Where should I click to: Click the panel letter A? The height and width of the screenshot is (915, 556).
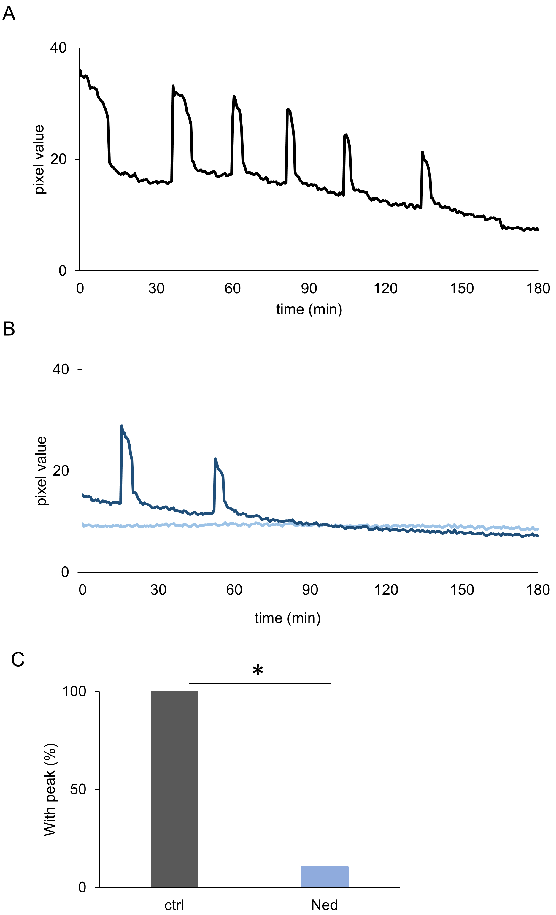coord(9,14)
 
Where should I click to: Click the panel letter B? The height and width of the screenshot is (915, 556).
coord(9,329)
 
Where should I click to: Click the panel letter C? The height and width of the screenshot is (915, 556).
coord(18,659)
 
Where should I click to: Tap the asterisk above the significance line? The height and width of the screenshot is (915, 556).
coord(258,671)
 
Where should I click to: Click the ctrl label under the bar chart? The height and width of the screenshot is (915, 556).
coord(174,905)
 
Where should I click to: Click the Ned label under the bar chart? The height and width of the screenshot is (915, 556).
coord(324,905)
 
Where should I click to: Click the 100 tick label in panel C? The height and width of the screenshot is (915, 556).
coord(74,691)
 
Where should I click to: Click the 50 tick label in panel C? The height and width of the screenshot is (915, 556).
coord(78,789)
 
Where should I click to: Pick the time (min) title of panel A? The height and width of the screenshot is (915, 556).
coord(309,309)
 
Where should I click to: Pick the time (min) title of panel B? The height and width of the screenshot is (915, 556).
coord(288,618)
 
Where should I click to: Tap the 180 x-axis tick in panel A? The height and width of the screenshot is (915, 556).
coord(538,289)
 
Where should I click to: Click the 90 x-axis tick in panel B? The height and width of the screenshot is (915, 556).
coord(310,590)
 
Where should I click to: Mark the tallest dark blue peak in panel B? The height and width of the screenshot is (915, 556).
coord(122,426)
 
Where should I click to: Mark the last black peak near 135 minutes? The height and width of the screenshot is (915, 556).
coord(422,152)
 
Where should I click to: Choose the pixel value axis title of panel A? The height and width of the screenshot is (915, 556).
coord(39,159)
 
